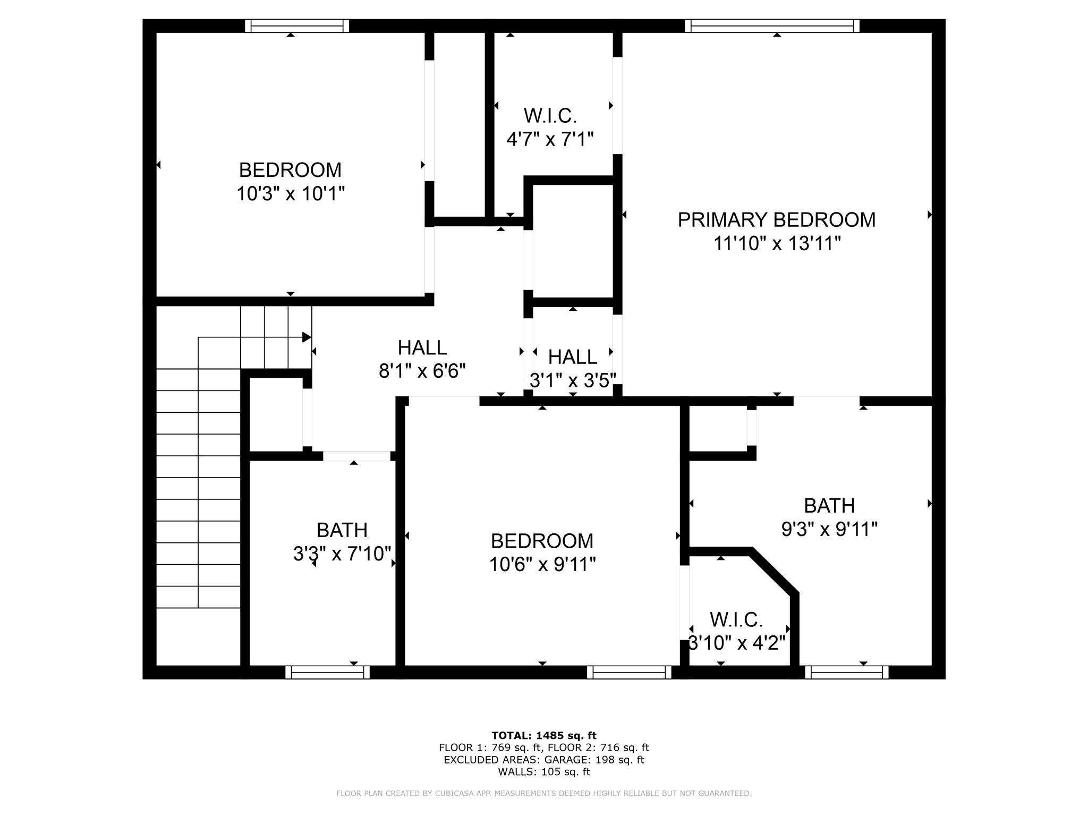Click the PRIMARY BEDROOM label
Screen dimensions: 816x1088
tap(776, 220)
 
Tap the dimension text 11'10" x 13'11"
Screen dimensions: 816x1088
tap(777, 244)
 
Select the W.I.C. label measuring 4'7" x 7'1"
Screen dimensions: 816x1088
tap(550, 115)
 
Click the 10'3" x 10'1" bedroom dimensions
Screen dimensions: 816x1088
tap(290, 194)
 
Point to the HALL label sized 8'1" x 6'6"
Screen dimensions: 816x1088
tap(422, 348)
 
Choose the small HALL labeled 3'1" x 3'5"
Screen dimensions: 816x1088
tap(572, 357)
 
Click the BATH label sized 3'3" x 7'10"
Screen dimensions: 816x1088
tap(342, 530)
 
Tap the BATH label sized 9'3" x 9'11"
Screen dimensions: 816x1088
tap(829, 506)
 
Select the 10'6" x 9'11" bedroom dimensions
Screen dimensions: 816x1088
tap(542, 564)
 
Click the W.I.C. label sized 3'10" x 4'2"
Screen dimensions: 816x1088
tap(736, 619)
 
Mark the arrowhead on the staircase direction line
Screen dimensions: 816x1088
tap(307, 337)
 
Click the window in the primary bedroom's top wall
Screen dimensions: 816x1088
tap(772, 26)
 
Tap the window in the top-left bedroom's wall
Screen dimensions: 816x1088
tap(297, 26)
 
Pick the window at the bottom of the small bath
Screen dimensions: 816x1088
tap(327, 673)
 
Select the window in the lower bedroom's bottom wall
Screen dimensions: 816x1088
tap(629, 673)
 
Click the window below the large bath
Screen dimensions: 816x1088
tap(847, 673)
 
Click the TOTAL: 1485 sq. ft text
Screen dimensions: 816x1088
tap(543, 736)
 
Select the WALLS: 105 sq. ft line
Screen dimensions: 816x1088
tap(543, 772)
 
